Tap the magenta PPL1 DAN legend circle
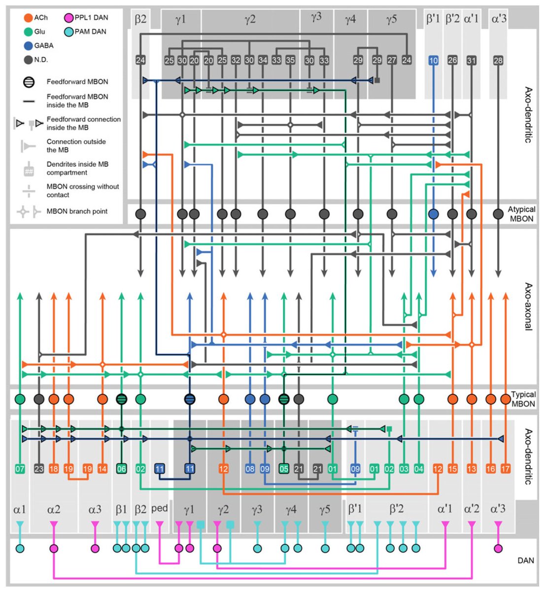pyautogui.click(x=68, y=18)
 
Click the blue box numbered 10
pyautogui.click(x=434, y=61)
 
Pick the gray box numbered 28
pyautogui.click(x=498, y=61)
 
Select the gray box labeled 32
pyautogui.click(x=236, y=61)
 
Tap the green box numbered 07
pyautogui.click(x=20, y=469)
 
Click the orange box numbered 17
pyautogui.click(x=505, y=469)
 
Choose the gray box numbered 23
pyautogui.click(x=39, y=469)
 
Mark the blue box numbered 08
pyautogui.click(x=250, y=469)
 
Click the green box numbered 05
pyautogui.click(x=283, y=469)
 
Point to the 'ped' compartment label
pyautogui.click(x=159, y=508)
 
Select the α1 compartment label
pyautogui.click(x=20, y=509)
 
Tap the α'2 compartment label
pyautogui.click(x=472, y=509)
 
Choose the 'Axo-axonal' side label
pyautogui.click(x=528, y=306)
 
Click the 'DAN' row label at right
pyautogui.click(x=526, y=560)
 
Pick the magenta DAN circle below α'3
pyautogui.click(x=498, y=548)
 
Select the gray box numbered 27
pyautogui.click(x=392, y=61)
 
